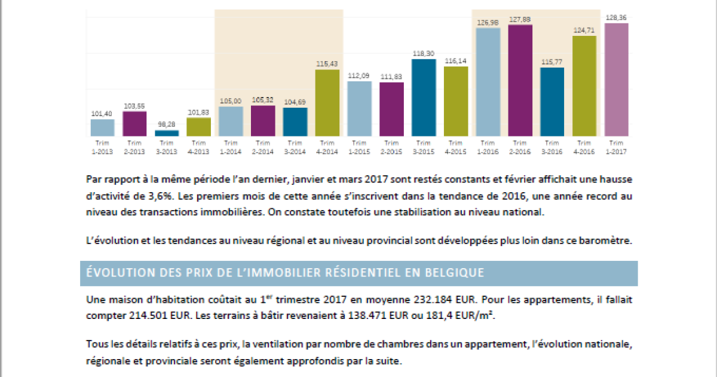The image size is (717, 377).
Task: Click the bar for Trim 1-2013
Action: [x=102, y=127]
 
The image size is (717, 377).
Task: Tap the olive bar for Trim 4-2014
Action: [x=327, y=103]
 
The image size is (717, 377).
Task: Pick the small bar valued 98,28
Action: [x=167, y=133]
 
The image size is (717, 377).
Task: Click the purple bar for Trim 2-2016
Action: [x=520, y=80]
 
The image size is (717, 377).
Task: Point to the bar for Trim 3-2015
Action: [x=424, y=98]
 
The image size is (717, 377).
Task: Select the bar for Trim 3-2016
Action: [x=552, y=102]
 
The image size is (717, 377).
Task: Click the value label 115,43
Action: [x=327, y=63]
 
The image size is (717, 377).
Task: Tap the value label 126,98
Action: [x=488, y=22]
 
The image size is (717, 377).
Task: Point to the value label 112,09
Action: [x=359, y=75]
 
